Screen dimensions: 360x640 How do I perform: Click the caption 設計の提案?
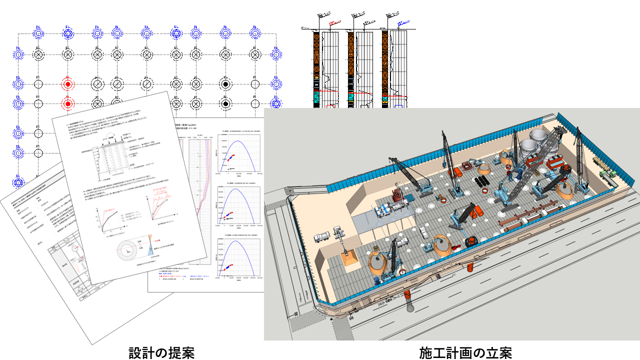160,353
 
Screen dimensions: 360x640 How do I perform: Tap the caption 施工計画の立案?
465,353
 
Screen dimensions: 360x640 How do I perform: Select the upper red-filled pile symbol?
67,83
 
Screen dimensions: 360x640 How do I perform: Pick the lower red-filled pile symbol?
67,104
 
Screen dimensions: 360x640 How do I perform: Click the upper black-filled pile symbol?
226,83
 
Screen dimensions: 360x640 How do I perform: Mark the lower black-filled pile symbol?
226,104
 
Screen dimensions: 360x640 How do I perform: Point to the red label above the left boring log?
332,23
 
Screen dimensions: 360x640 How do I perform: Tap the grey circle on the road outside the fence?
410,307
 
